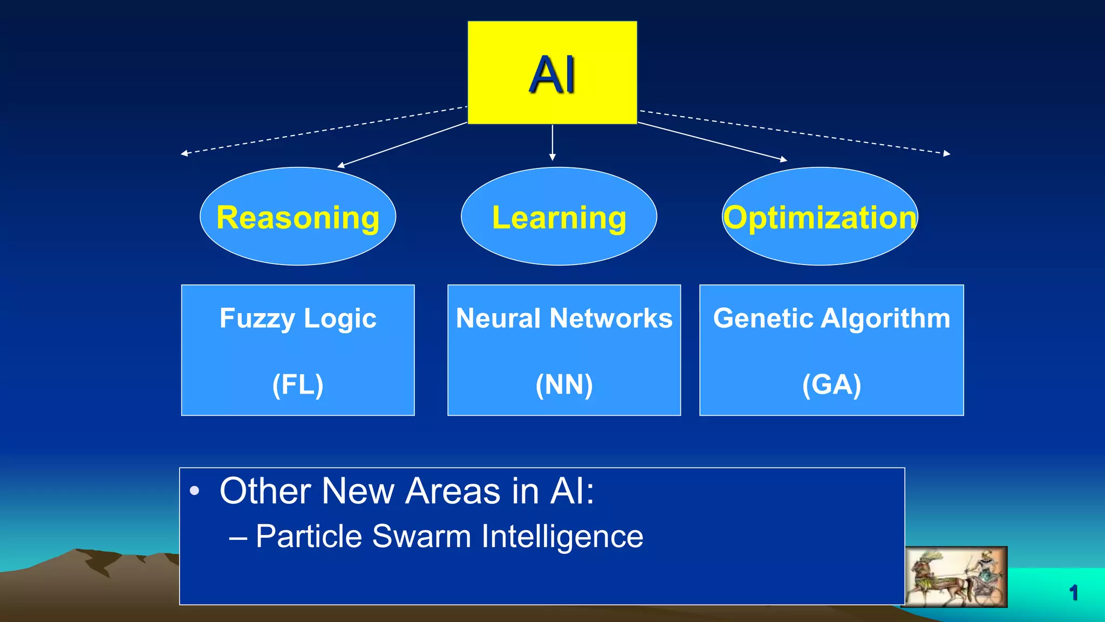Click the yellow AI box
(x=552, y=72)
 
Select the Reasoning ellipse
(x=298, y=217)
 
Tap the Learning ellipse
(x=559, y=217)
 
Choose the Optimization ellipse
(x=820, y=217)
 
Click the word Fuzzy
(x=257, y=319)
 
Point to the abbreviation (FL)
(x=298, y=384)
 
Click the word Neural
(x=498, y=318)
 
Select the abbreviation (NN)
(x=564, y=384)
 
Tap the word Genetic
(x=763, y=318)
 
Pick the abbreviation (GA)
(x=831, y=384)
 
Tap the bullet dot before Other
(x=195, y=491)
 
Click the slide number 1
(x=1073, y=593)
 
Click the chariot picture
(x=956, y=577)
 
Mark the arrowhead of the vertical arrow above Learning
(x=552, y=157)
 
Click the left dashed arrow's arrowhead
(x=184, y=153)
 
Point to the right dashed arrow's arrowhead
(x=947, y=153)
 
